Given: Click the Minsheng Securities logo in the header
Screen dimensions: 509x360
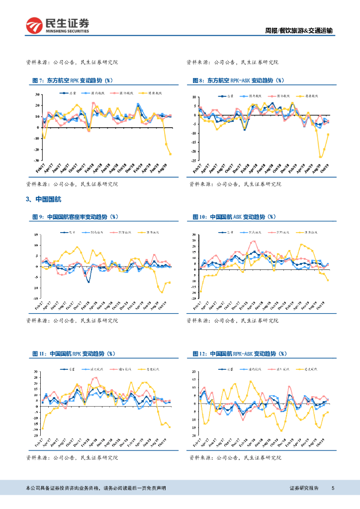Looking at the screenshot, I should tap(58, 25).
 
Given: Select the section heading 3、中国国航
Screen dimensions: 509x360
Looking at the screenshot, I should tap(43, 199).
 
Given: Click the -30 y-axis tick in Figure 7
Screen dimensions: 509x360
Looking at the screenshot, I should tap(36, 161).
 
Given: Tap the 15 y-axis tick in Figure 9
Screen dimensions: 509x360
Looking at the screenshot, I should tap(37, 235).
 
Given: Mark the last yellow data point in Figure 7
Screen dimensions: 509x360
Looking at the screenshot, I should tap(171, 154).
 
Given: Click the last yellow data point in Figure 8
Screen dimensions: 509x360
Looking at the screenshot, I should tap(328, 134).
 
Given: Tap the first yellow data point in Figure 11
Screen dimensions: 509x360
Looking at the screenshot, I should tap(43, 428).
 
